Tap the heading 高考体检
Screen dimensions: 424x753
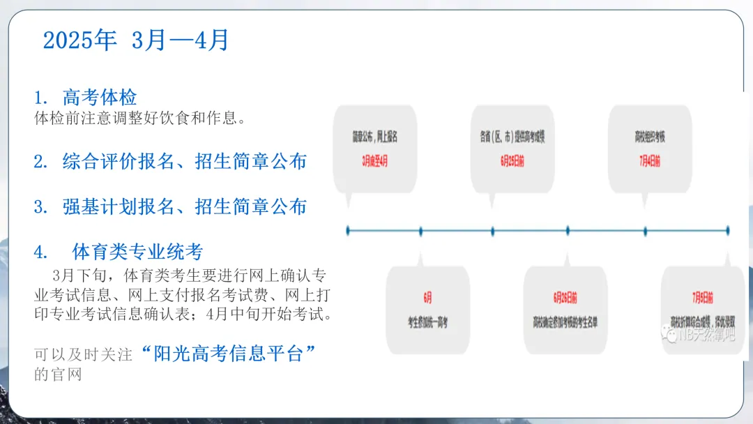pos(100,97)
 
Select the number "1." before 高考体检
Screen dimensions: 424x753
pos(41,97)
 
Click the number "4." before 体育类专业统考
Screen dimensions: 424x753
pos(41,251)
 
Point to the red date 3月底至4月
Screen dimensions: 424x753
pos(374,161)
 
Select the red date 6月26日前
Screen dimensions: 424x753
pos(565,298)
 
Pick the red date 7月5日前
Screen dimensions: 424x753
pos(703,298)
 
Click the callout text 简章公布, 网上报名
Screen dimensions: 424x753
pos(374,137)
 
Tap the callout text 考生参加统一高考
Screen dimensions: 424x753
pos(427,322)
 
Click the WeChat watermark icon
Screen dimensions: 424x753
pos(670,335)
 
